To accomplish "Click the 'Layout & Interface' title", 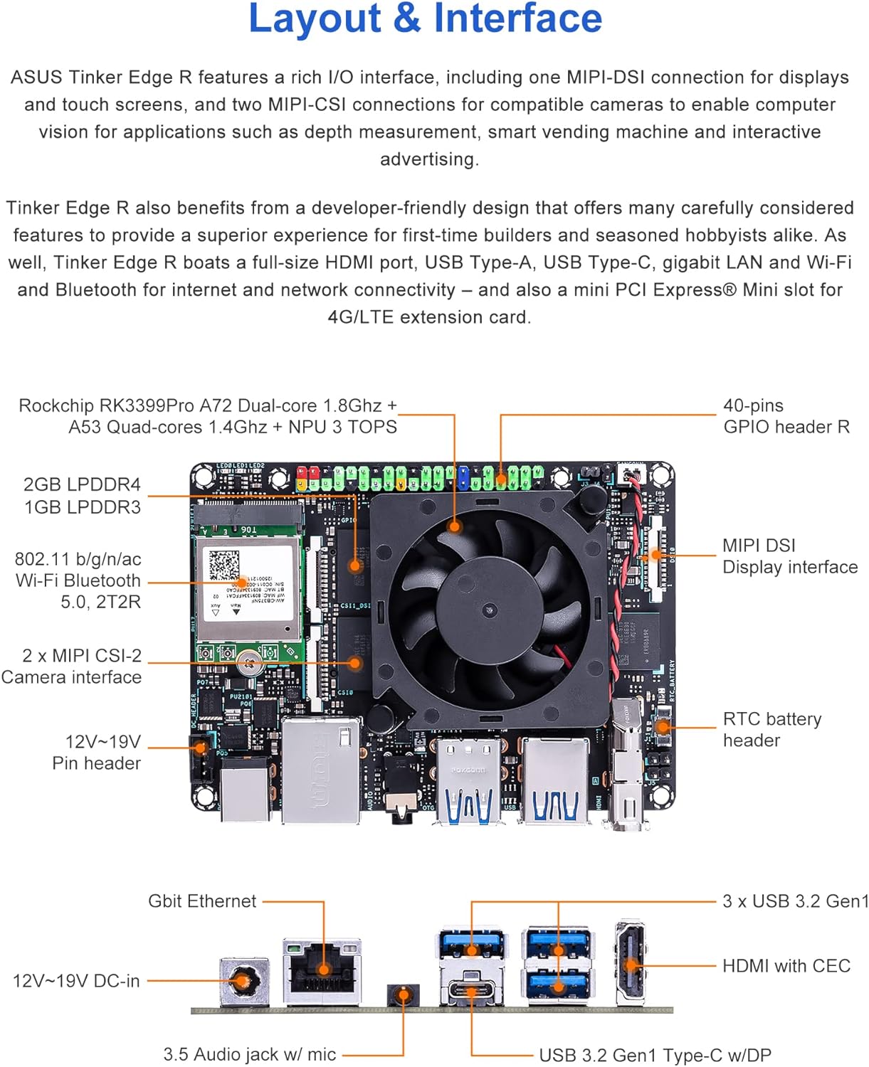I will (x=425, y=18).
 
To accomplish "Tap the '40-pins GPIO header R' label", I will (x=786, y=416).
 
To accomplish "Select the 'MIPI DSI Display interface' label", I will (x=789, y=556).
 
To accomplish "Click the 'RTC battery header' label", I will (x=771, y=730).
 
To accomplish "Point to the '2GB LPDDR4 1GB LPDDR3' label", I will (x=82, y=496).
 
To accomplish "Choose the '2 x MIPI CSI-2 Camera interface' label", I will (x=72, y=667).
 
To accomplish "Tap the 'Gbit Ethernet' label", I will (x=202, y=901).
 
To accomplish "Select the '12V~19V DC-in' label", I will (x=76, y=981).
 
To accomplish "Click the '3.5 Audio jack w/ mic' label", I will (x=250, y=1054).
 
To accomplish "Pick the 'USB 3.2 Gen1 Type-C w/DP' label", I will (x=655, y=1055).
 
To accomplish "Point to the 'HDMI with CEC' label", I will (x=786, y=966).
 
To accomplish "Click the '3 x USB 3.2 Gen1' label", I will (x=795, y=901).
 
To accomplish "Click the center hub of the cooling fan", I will (x=490, y=610).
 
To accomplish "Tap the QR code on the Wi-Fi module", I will (x=224, y=565).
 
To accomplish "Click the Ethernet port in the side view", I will (x=322, y=969).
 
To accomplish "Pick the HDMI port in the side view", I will (x=631, y=965).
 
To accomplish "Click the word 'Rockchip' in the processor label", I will (x=56, y=406).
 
